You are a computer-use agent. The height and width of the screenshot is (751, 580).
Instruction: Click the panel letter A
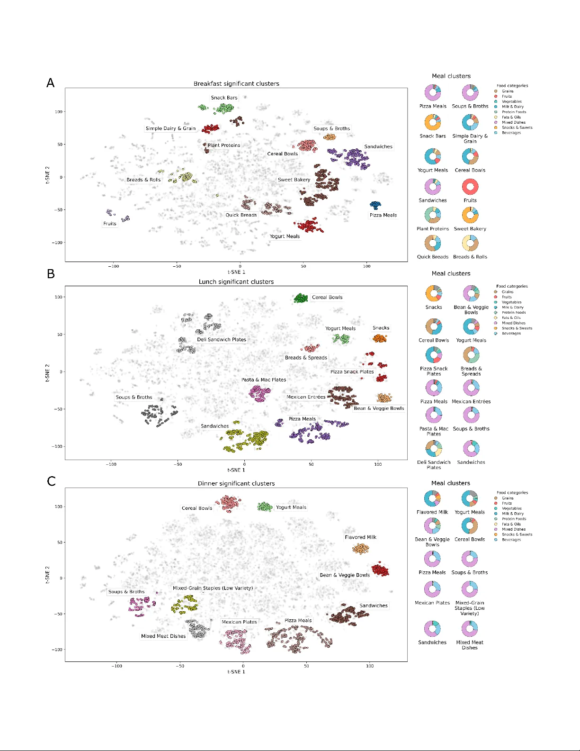[50, 83]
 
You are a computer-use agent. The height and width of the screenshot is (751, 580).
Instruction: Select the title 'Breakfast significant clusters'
[236, 84]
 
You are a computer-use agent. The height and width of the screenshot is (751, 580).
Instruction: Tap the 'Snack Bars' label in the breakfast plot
[224, 98]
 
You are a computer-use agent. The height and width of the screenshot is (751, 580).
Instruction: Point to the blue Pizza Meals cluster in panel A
[375, 205]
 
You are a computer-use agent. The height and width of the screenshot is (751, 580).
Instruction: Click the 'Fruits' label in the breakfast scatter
[110, 224]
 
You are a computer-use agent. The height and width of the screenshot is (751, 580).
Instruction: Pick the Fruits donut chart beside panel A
[470, 187]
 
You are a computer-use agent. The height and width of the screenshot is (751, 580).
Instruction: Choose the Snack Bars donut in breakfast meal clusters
[433, 122]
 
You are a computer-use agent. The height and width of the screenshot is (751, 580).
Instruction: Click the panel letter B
[51, 274]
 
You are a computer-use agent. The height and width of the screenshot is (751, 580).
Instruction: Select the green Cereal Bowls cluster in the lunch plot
[301, 298]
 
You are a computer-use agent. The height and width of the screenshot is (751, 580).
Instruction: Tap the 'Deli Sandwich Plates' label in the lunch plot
[222, 340]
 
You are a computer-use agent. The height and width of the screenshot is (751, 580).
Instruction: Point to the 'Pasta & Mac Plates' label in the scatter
[264, 380]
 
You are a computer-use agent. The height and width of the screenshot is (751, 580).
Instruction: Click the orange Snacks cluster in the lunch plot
[380, 338]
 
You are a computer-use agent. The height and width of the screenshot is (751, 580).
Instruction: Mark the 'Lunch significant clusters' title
[236, 282]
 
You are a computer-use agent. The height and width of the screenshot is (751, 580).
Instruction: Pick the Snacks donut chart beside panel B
[434, 293]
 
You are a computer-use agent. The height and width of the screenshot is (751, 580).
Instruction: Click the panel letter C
[51, 481]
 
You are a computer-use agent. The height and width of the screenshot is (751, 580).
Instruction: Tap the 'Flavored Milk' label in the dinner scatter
[360, 537]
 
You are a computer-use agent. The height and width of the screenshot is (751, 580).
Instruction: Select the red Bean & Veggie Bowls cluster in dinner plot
[380, 570]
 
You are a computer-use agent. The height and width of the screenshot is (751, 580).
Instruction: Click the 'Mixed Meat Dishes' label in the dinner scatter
[163, 636]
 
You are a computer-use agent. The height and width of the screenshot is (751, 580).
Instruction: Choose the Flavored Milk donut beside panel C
[432, 498]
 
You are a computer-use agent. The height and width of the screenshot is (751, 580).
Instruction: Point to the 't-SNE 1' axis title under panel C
[236, 672]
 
